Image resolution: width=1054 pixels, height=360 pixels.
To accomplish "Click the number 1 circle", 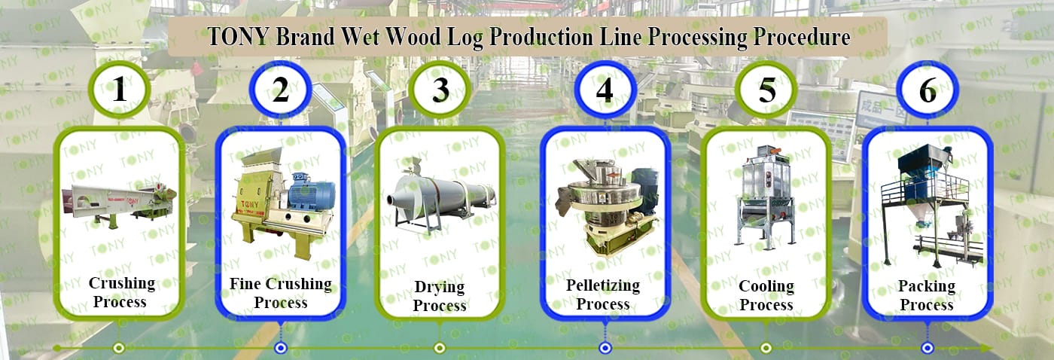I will click(119, 90).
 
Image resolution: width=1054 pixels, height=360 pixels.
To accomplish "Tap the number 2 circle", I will click(280, 90).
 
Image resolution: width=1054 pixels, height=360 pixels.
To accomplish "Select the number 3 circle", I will click(441, 90).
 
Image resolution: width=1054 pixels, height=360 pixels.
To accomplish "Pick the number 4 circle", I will click(605, 90).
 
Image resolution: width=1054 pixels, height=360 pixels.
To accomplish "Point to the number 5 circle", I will click(766, 90).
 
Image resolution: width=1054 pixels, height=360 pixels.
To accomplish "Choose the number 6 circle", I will click(928, 90).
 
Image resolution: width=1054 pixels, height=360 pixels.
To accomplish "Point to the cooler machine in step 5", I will click(766, 196).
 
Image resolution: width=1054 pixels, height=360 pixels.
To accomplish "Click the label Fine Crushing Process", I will click(280, 293).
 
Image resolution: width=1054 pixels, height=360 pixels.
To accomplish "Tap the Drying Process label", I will click(440, 296).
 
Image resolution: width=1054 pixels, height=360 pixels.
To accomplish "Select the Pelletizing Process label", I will click(603, 294).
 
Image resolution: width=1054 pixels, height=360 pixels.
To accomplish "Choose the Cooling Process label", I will click(766, 295).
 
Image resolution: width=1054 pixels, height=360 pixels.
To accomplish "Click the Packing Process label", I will click(927, 295).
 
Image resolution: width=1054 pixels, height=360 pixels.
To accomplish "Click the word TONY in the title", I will click(237, 37).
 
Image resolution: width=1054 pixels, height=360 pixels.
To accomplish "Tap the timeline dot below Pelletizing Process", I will click(605, 348).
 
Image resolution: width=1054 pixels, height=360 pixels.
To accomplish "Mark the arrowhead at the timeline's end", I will click(985, 348).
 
